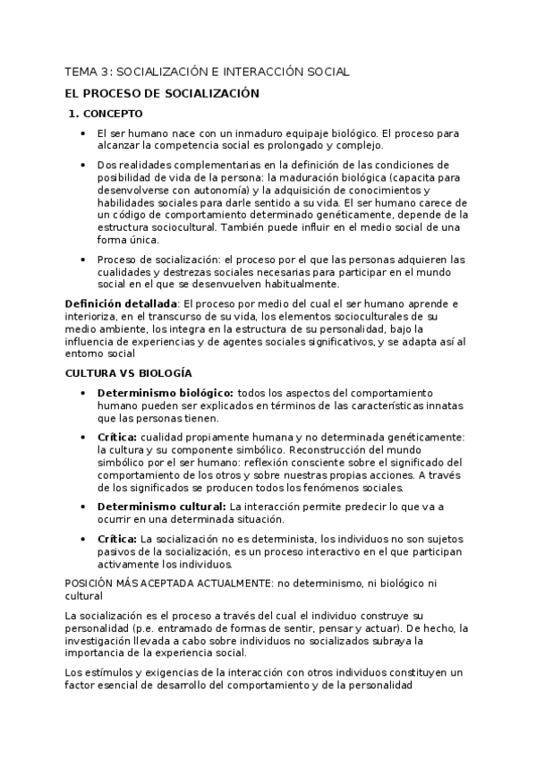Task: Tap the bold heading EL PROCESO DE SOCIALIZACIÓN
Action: tap(161, 93)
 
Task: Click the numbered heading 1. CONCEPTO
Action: tap(106, 114)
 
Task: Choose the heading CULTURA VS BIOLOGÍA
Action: tap(131, 371)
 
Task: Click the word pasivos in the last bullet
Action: tap(117, 551)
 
